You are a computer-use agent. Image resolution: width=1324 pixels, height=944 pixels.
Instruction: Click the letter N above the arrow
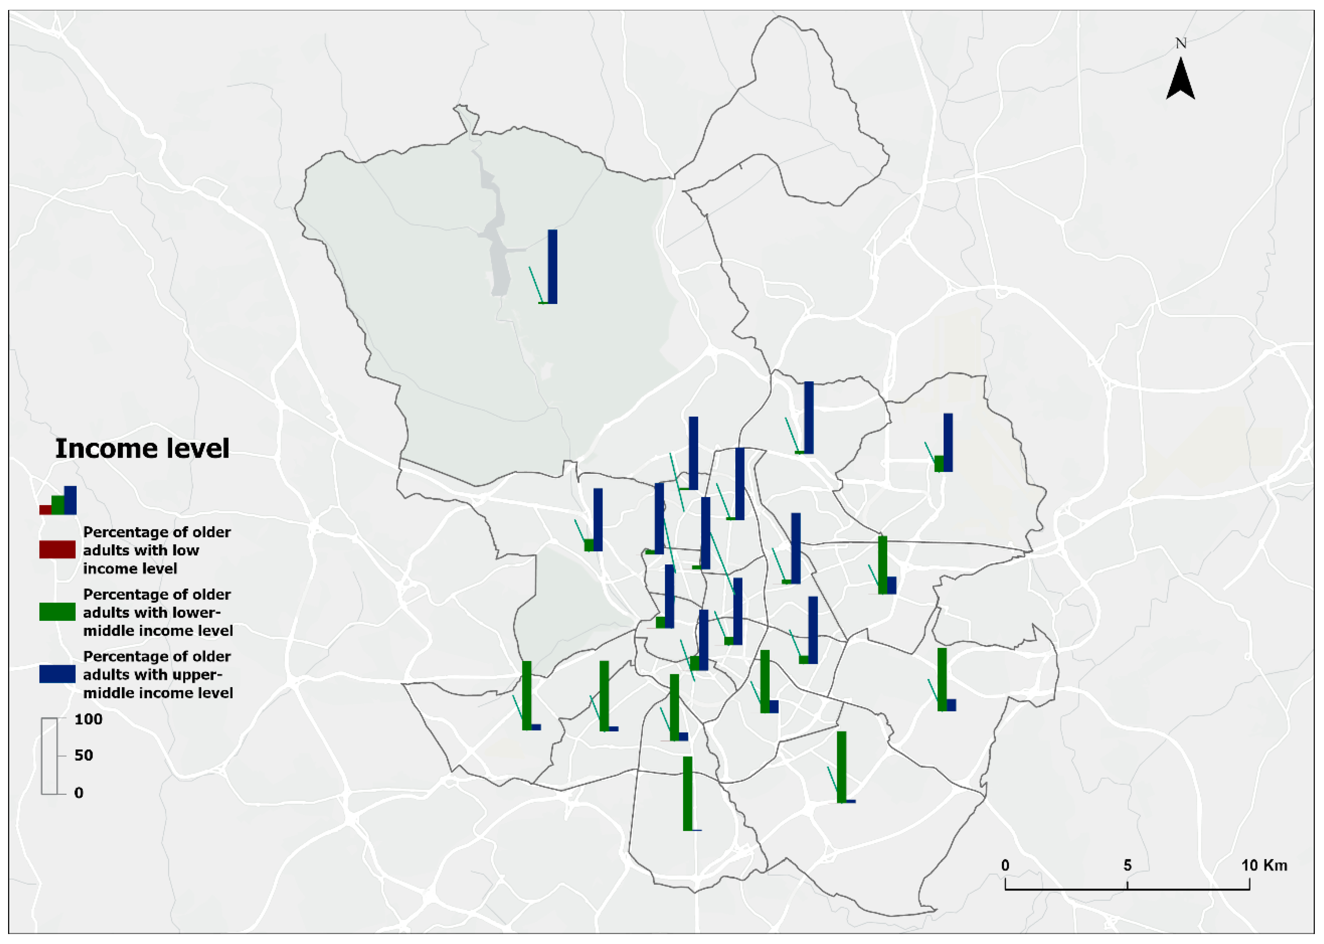click(x=1180, y=43)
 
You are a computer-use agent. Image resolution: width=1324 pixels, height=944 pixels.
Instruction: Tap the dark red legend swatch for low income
click(x=57, y=549)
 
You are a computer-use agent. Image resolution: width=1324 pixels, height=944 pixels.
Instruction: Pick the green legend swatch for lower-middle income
click(x=57, y=612)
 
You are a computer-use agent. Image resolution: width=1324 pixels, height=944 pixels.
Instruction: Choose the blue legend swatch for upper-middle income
click(x=57, y=674)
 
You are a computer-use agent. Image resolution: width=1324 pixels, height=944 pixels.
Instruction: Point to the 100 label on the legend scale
click(x=88, y=719)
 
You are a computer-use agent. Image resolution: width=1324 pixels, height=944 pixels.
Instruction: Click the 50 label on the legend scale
click(x=84, y=755)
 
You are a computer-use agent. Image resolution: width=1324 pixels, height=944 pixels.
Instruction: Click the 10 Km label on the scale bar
click(x=1264, y=865)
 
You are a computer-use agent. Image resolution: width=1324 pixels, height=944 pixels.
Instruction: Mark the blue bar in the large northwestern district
click(x=553, y=266)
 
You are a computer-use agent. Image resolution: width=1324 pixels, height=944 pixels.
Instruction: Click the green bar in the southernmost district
click(x=687, y=793)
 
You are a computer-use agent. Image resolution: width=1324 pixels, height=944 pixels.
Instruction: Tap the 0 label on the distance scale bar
click(x=1006, y=865)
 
